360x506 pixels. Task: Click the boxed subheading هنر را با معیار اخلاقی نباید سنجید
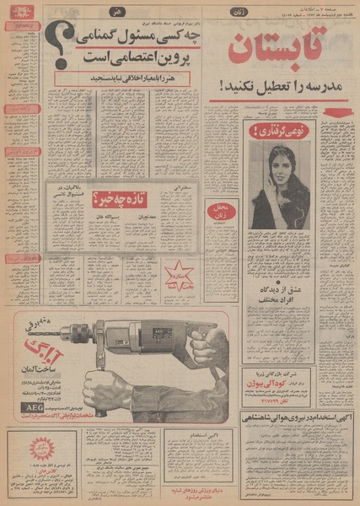coord(124,78)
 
